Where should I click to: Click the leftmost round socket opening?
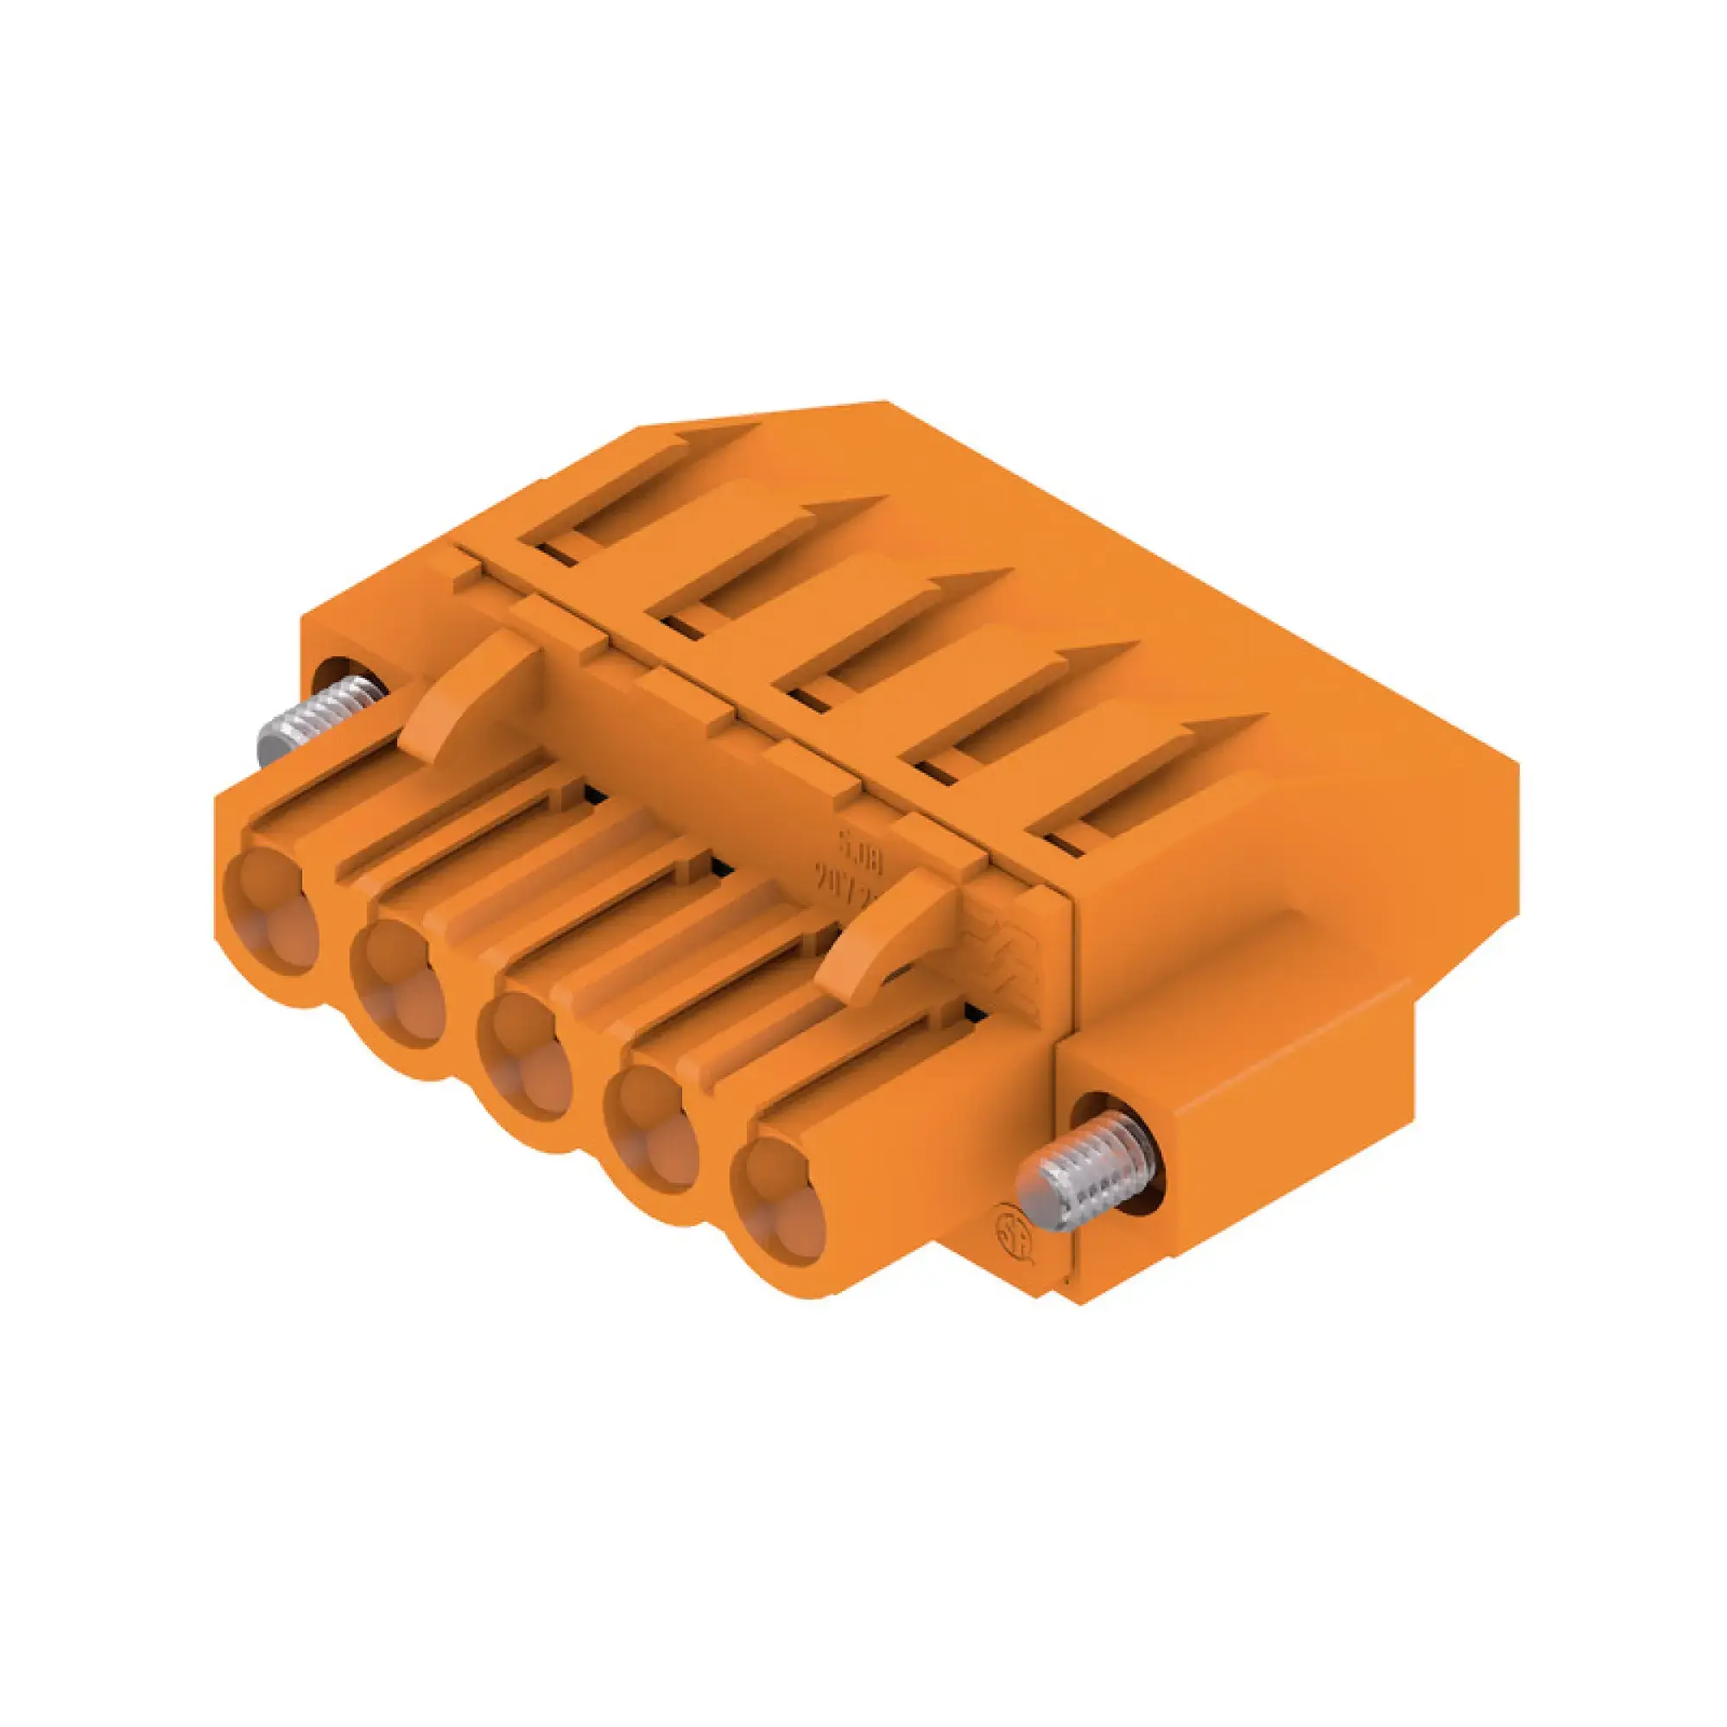[269, 910]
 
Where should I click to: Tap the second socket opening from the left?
[396, 982]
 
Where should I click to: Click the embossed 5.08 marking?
[858, 841]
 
